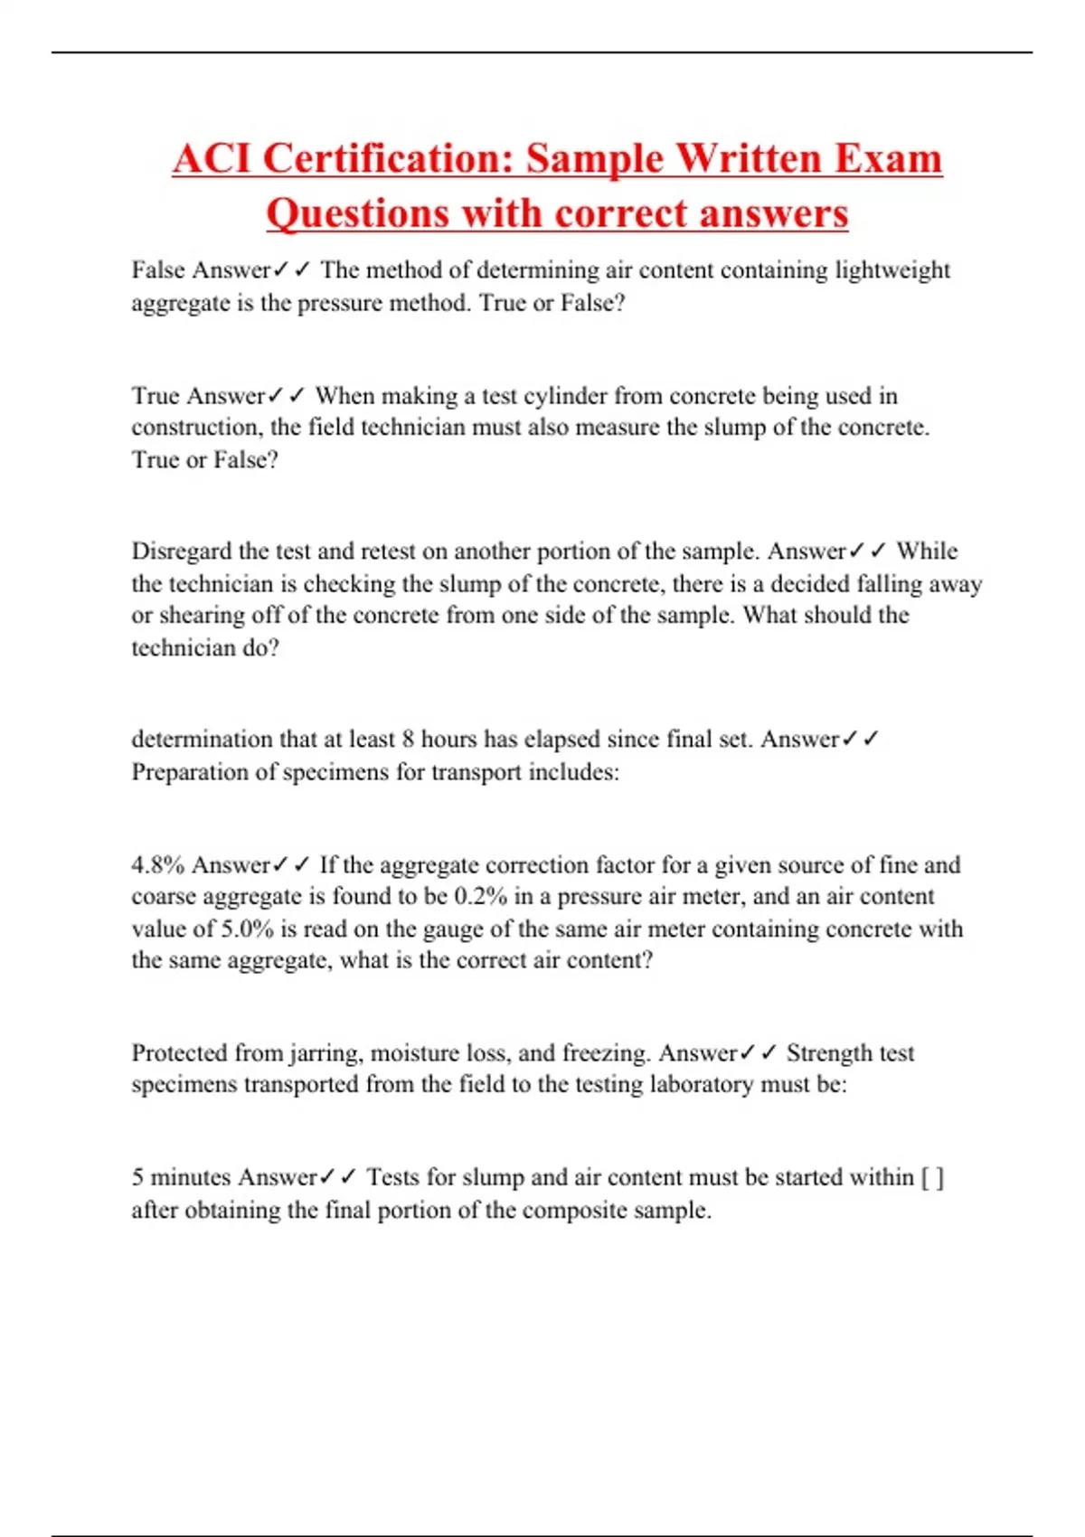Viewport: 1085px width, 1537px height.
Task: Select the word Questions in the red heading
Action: (x=357, y=213)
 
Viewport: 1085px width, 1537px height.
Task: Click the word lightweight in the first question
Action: (x=892, y=270)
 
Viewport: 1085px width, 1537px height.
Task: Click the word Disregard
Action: (x=181, y=551)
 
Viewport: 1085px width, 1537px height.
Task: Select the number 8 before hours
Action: (x=408, y=740)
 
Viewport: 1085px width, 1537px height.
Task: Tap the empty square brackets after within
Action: (x=932, y=1178)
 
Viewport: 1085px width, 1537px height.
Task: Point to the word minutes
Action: (x=190, y=1178)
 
